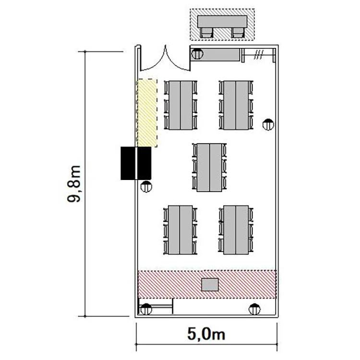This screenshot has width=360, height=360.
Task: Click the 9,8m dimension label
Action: pos(74,184)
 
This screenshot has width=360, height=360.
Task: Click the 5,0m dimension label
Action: pos(206,334)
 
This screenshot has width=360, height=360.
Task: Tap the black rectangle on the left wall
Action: pos(136,163)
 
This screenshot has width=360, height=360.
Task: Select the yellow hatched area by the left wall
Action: pos(147,113)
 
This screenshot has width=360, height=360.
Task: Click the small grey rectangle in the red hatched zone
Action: pos(210,285)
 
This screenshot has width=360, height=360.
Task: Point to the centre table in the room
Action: pos(209,168)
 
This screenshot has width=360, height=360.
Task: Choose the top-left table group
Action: pos(180,105)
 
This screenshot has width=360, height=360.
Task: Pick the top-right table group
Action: pos(236,105)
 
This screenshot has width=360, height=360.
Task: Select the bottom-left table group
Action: pos(180,230)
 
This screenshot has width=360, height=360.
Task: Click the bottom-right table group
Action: pos(236,230)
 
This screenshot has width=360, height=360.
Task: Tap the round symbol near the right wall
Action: pos(268,124)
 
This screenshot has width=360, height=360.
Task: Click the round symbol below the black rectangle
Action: pos(146,187)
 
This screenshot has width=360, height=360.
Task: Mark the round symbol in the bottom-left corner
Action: pos(146,309)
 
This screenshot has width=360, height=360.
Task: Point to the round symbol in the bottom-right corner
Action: pos(254,309)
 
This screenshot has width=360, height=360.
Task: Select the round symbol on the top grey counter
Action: pos(197,54)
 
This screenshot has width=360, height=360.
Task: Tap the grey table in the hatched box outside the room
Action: pos(222,22)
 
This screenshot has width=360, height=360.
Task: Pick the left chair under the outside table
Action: pos(206,33)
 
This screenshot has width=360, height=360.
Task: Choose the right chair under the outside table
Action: pos(238,33)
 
